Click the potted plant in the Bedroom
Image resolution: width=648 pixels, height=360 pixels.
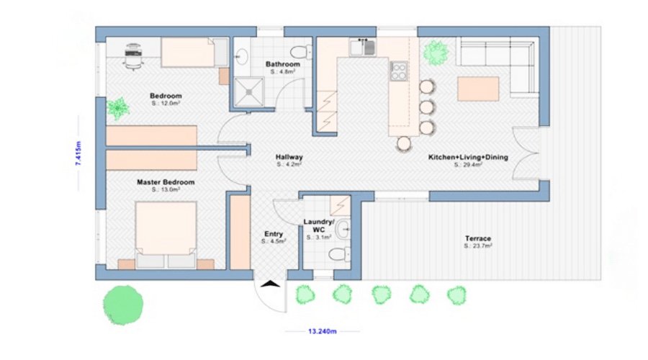(118, 108)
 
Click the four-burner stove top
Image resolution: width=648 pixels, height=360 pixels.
(398, 71)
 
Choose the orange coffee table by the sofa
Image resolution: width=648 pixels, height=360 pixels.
(478, 88)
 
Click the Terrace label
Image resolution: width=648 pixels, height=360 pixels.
(477, 238)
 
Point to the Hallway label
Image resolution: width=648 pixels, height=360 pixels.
(289, 157)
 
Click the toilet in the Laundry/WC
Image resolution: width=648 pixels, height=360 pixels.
(336, 254)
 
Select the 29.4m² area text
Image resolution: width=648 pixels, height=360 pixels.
(467, 165)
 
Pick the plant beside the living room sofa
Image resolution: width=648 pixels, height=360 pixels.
(435, 53)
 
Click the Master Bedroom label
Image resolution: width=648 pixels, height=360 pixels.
(166, 183)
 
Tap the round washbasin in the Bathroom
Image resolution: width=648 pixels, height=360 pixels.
(242, 55)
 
